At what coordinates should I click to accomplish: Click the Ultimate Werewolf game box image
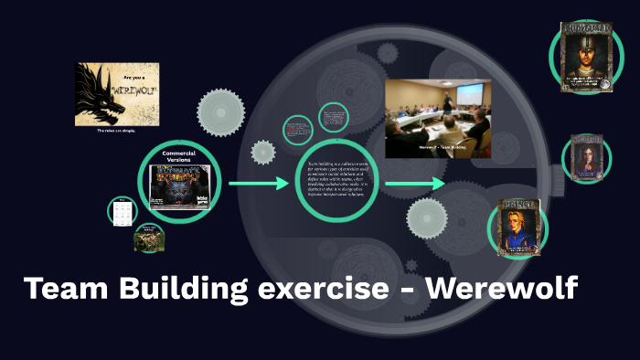(x=180, y=185)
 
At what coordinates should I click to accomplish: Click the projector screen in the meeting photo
(x=469, y=93)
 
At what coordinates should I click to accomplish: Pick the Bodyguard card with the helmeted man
(x=585, y=57)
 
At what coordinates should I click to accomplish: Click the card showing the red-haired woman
(x=585, y=158)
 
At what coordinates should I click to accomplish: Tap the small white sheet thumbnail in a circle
(x=121, y=211)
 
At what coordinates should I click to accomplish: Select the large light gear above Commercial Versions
(x=221, y=112)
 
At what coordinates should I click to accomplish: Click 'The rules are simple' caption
(x=117, y=132)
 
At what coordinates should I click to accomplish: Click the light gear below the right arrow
(x=427, y=220)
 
